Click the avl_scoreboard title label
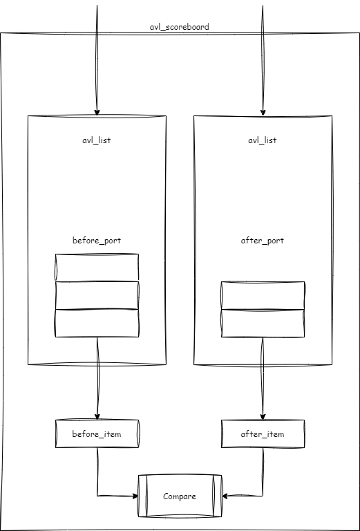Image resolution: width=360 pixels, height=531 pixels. [x=180, y=27]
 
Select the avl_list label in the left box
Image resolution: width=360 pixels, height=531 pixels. [x=97, y=140]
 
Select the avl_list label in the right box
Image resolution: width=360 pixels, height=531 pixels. [x=262, y=140]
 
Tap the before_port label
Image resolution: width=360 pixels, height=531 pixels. [x=97, y=241]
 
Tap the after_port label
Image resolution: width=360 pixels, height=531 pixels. [x=262, y=241]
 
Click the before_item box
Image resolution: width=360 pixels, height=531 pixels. [x=97, y=434]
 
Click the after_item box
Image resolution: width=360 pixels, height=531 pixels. [x=263, y=434]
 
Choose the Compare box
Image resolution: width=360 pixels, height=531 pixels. [x=180, y=496]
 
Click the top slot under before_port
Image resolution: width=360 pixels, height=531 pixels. [x=97, y=268]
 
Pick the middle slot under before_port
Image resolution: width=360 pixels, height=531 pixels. [x=97, y=295]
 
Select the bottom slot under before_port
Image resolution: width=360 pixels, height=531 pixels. [x=97, y=323]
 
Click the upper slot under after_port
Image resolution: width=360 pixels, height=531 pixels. [x=263, y=295]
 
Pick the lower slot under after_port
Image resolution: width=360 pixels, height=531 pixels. [x=263, y=323]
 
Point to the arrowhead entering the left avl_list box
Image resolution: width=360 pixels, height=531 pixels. [x=97, y=113]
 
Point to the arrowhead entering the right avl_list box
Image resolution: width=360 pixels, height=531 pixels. [x=263, y=113]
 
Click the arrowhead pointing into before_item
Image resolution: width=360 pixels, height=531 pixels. [x=97, y=416]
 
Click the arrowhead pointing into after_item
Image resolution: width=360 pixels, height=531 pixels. [x=263, y=416]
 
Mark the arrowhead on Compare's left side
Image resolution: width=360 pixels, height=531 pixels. [x=135, y=496]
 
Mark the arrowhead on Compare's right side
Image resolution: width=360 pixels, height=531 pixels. [x=225, y=496]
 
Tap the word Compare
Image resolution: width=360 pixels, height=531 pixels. [x=180, y=496]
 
